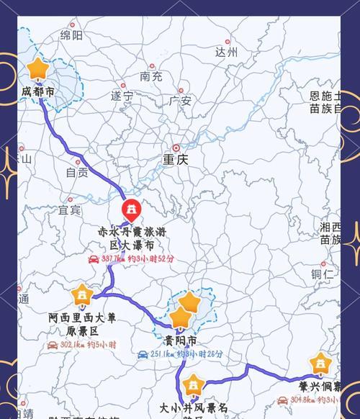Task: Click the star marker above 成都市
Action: point(37,70)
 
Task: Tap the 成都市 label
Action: point(37,92)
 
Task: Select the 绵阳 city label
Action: point(71,35)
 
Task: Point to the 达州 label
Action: point(226,52)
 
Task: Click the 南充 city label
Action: point(151,76)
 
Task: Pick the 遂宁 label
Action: point(122,95)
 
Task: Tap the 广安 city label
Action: point(180,102)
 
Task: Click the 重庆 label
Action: point(175,160)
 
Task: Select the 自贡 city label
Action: point(77,172)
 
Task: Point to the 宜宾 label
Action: point(70,210)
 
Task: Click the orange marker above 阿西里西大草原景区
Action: point(81,295)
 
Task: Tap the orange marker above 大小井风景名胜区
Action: point(192,386)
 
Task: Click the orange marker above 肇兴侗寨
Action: point(320,364)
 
